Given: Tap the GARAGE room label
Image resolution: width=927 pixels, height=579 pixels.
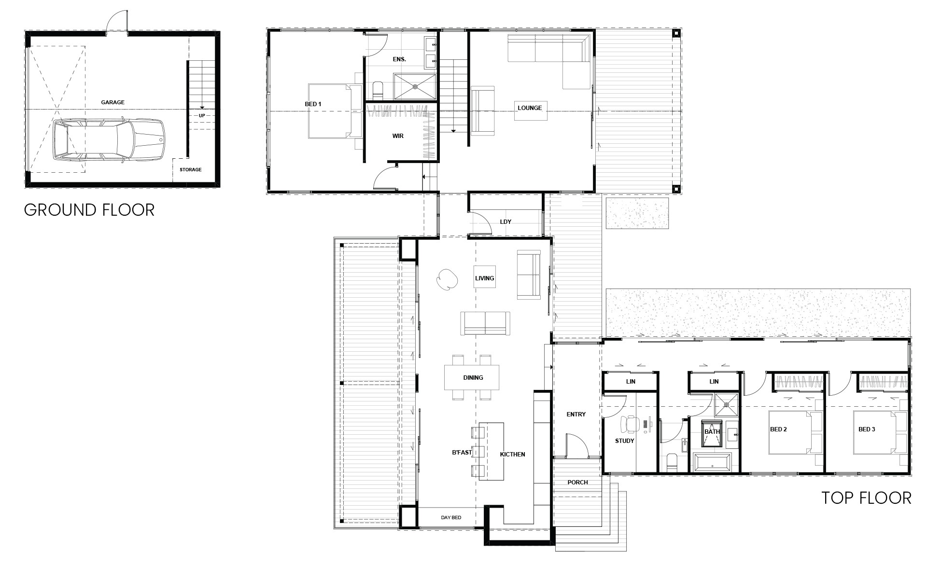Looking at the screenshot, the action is pos(113,102).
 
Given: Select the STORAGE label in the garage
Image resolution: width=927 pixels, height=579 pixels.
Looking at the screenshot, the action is pos(191,170).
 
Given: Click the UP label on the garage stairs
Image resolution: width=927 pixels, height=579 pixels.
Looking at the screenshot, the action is pos(202,116).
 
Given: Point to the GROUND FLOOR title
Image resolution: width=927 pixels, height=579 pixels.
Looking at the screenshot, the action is pos(89,210).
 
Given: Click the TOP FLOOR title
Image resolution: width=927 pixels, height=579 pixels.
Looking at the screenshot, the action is pos(867,498).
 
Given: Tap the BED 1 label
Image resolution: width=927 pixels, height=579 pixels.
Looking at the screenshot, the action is pos(313,104).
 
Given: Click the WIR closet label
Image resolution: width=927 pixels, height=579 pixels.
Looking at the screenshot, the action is pos(398,136).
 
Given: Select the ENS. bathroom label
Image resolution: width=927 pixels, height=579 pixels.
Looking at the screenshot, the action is pos(399,59).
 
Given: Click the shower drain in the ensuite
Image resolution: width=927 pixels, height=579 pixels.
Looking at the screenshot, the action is pos(415,87).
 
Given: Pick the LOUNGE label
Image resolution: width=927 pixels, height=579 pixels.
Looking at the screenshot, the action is pos(530,108).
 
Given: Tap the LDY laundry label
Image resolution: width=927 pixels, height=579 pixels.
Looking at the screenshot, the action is pos(506,222).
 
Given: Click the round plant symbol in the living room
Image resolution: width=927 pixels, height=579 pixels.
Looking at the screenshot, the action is pos(447,279).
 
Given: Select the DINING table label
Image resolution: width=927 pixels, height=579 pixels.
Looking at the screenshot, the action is pos(473,378).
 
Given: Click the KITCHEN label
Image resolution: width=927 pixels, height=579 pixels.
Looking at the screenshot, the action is pos(512,455).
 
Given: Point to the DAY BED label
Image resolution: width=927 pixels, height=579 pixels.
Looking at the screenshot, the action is pos(451,518).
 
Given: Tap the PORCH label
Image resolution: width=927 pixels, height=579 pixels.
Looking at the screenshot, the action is pos(577,482).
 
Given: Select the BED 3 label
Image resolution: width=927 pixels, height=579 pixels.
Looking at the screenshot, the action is pos(867,429).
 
